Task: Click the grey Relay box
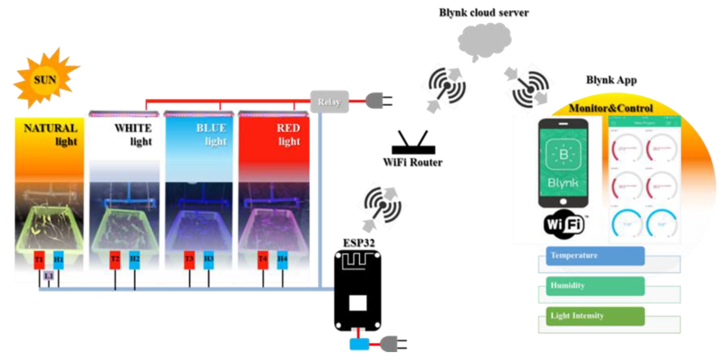click(329, 102)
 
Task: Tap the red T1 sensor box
click(39, 259)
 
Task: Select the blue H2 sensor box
click(134, 259)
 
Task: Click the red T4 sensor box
click(263, 259)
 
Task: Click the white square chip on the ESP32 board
click(358, 303)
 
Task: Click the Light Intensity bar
click(595, 316)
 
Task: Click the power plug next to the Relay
click(378, 101)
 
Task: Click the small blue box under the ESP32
click(359, 344)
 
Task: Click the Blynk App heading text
click(611, 80)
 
